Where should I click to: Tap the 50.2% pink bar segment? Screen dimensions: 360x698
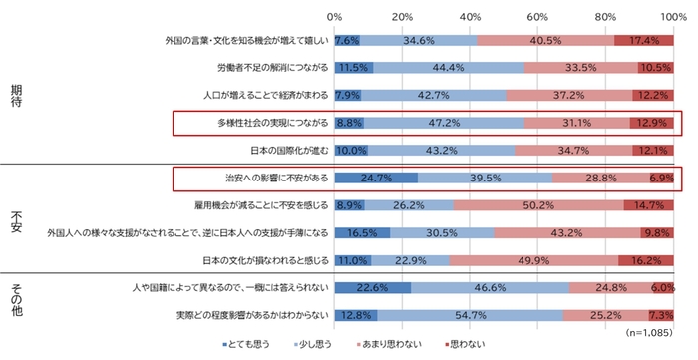point(538,206)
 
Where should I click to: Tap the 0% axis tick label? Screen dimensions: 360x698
point(335,16)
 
